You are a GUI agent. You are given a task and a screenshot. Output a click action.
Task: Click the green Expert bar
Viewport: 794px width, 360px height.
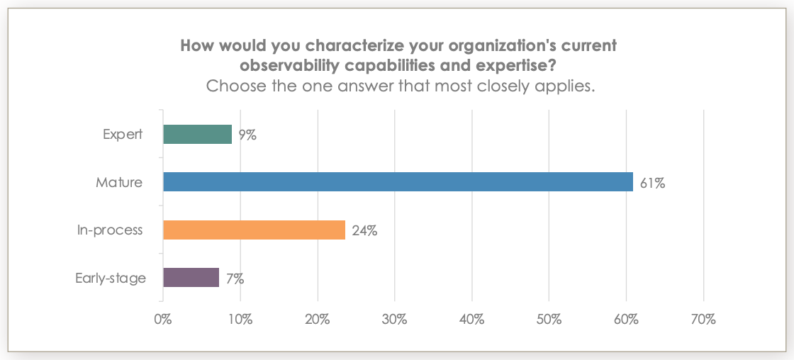pyautogui.click(x=197, y=134)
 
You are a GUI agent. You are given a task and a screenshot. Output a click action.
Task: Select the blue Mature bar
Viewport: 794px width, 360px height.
pyautogui.click(x=398, y=182)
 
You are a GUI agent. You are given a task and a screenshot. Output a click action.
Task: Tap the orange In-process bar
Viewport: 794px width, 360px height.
pyautogui.click(x=254, y=230)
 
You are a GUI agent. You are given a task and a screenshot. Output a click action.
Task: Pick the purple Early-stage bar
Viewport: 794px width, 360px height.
pyautogui.click(x=191, y=278)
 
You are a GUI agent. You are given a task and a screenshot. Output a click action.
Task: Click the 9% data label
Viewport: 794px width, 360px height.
pyautogui.click(x=247, y=135)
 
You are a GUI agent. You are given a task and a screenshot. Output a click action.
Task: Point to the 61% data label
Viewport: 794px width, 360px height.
pyautogui.click(x=652, y=183)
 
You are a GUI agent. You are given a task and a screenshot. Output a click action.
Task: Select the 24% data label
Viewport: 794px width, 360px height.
pyautogui.click(x=364, y=230)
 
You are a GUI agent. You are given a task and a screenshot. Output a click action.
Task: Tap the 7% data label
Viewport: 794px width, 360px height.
pyautogui.click(x=235, y=279)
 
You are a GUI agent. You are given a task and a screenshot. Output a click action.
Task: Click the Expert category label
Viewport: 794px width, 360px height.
pyautogui.click(x=122, y=134)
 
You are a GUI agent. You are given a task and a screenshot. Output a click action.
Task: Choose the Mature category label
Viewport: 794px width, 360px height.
pyautogui.click(x=119, y=182)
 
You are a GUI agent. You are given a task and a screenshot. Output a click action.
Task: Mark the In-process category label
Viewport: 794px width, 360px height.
pyautogui.click(x=110, y=230)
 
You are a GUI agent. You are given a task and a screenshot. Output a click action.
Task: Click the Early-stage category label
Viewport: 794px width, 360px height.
pyautogui.click(x=111, y=278)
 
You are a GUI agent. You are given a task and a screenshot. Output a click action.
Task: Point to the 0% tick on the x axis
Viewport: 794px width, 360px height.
pyautogui.click(x=163, y=320)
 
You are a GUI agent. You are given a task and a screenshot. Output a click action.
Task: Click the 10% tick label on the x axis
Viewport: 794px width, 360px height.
pyautogui.click(x=240, y=320)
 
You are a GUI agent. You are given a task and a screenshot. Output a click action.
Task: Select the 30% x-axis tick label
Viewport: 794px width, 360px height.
pyautogui.click(x=394, y=320)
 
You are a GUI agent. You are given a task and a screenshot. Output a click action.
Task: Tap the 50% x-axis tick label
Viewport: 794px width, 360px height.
pyautogui.click(x=549, y=320)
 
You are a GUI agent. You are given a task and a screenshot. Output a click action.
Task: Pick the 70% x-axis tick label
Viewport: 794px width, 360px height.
pyautogui.click(x=703, y=320)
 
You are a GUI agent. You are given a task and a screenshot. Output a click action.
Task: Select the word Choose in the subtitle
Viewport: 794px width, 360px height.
pyautogui.click(x=236, y=87)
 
